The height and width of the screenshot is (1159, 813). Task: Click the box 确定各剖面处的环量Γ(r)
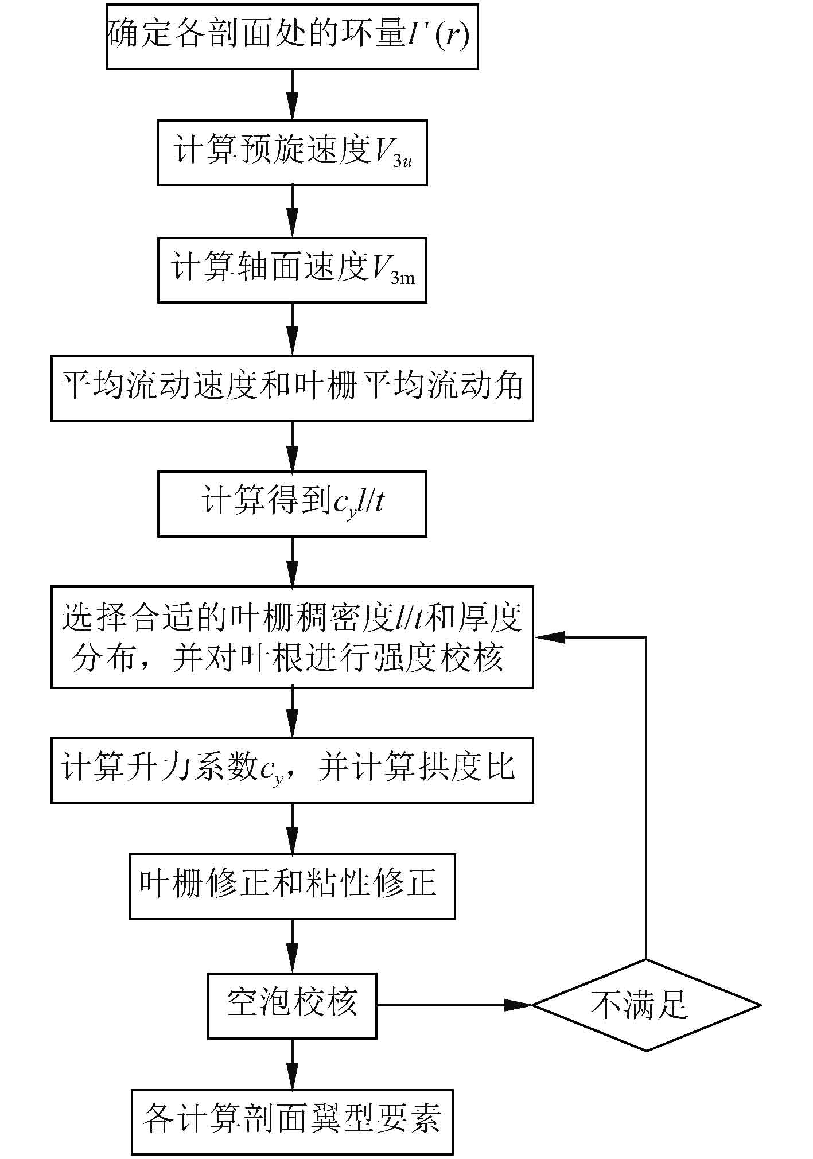pyautogui.click(x=292, y=37)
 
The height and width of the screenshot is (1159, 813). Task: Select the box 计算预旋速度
pyautogui.click(x=292, y=153)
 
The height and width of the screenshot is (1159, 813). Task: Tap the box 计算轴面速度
pyautogui.click(x=292, y=270)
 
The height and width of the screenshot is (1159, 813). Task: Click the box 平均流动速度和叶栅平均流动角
pyautogui.click(x=292, y=388)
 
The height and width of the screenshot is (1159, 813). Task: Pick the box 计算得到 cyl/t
pyautogui.click(x=292, y=504)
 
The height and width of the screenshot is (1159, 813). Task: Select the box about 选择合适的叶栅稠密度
pyautogui.click(x=292, y=637)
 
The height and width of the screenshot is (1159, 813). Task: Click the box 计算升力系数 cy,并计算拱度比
pyautogui.click(x=292, y=769)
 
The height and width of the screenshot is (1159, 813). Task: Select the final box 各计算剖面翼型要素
pyautogui.click(x=292, y=1122)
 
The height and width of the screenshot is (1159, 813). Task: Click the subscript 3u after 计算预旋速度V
pyautogui.click(x=402, y=162)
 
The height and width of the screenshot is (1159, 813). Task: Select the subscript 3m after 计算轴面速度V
pyautogui.click(x=402, y=279)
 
